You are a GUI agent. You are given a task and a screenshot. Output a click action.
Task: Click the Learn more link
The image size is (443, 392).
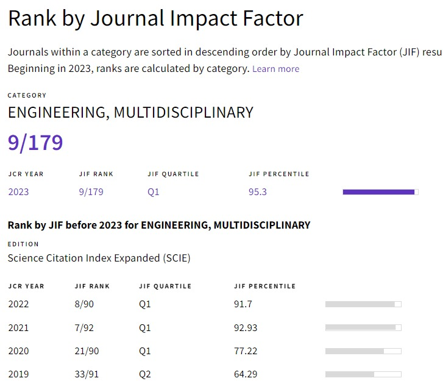click(x=275, y=69)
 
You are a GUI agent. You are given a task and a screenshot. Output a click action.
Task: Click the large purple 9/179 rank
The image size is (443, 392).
click(x=35, y=142)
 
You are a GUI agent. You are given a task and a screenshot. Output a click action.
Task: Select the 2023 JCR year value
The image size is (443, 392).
click(x=18, y=192)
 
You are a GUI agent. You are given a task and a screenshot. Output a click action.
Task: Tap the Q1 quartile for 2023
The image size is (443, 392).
click(x=154, y=192)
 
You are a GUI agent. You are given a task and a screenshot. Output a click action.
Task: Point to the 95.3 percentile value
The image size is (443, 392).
click(x=258, y=192)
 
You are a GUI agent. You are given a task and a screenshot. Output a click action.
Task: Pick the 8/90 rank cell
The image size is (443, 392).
click(x=83, y=304)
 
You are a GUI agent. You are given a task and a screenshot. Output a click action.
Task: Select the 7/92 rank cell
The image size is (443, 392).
click(x=83, y=327)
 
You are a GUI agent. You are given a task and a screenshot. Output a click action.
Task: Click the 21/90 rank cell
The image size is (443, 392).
click(x=86, y=351)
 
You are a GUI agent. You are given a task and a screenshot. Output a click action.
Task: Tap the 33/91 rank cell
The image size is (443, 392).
click(x=86, y=374)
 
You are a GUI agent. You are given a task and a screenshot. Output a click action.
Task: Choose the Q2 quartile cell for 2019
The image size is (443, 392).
click(x=145, y=374)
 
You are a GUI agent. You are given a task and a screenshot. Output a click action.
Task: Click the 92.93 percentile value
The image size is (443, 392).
click(x=246, y=327)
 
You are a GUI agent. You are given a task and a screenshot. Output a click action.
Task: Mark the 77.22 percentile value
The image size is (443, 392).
click(x=246, y=351)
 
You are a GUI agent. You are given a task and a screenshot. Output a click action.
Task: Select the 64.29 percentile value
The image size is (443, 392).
click(x=246, y=374)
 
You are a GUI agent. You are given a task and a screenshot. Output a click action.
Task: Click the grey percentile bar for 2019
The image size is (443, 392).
click(x=363, y=374)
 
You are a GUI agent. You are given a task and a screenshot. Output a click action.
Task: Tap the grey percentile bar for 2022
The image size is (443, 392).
click(x=363, y=304)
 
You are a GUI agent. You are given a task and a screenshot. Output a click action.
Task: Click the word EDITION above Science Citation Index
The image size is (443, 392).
click(x=23, y=244)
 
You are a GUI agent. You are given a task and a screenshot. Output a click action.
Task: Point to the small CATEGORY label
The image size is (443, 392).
click(x=27, y=96)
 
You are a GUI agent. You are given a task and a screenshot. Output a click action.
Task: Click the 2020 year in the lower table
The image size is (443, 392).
click(x=18, y=351)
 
